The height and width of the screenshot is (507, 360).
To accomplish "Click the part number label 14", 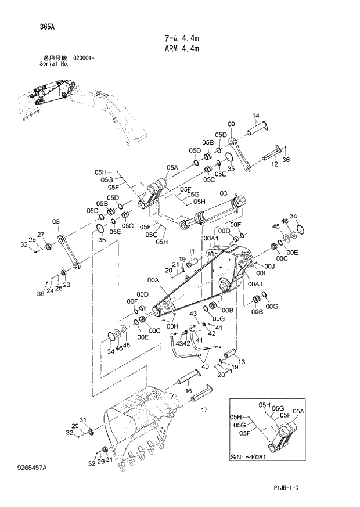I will coord(254,116).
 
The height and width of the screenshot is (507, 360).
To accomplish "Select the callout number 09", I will coord(231,124).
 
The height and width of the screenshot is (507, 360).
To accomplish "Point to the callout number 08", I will coord(56,221).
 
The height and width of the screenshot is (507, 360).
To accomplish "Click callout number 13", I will coord(242,362).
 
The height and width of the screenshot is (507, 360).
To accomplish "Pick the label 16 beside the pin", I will coord(189,391).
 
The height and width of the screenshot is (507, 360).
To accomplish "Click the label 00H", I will coord(172,326).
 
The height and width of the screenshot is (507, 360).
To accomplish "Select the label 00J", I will coord(269,265).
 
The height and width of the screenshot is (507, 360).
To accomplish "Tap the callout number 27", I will coord(41,235).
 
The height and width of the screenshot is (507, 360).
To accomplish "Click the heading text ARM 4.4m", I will coord(181,49).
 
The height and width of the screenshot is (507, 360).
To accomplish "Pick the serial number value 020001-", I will coord(82,59).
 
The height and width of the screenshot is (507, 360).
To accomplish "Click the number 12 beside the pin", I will coord(275,164).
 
